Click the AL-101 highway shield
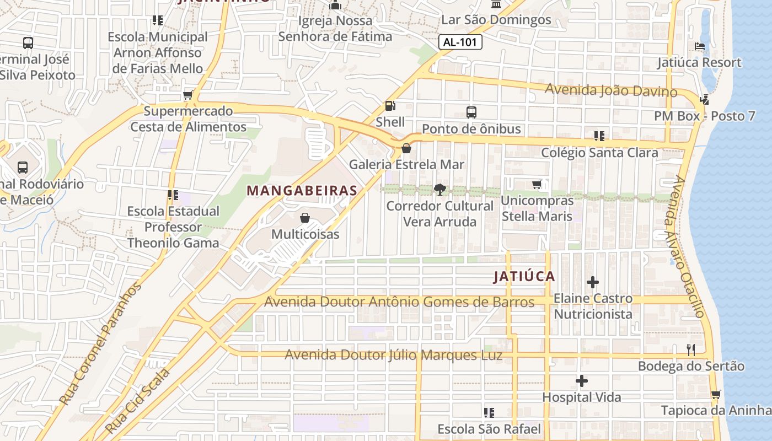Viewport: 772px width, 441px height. click(460, 42)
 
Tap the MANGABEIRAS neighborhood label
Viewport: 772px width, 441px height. click(302, 191)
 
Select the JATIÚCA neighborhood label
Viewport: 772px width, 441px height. click(524, 276)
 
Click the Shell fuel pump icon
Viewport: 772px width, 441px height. click(390, 106)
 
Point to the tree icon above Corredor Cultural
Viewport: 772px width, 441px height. click(439, 190)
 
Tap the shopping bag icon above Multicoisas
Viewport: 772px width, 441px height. click(305, 218)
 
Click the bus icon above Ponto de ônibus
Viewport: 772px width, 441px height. click(471, 112)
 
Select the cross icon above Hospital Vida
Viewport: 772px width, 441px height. click(581, 381)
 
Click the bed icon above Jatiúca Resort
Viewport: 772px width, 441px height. click(700, 46)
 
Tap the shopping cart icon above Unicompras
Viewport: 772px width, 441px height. click(537, 185)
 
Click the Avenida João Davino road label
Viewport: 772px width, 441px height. click(611, 90)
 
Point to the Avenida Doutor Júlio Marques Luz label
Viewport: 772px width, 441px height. click(394, 355)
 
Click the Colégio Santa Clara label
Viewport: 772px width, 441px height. click(599, 153)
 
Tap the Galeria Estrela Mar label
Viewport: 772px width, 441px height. click(406, 164)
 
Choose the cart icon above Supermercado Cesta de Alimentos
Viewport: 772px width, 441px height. click(188, 95)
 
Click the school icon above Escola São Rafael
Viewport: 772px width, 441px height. click(489, 412)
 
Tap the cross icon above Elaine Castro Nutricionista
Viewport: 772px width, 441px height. click(593, 282)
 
